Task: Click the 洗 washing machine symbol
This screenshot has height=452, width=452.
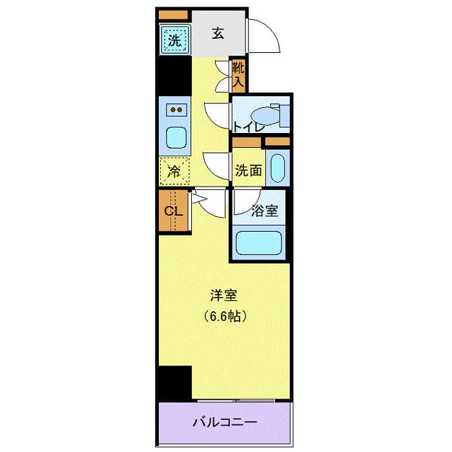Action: click(x=175, y=40)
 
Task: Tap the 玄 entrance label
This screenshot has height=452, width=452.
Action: click(x=219, y=34)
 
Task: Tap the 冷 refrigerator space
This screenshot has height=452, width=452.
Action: click(x=175, y=171)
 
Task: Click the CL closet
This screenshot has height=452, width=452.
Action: click(x=172, y=211)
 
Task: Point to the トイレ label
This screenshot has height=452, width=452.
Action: click(x=249, y=127)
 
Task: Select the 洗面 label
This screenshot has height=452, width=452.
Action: click(x=248, y=170)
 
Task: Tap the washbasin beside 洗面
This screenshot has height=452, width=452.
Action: click(x=278, y=168)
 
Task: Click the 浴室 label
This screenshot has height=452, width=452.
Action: click(x=265, y=210)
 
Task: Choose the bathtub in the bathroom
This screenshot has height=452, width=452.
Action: click(x=260, y=242)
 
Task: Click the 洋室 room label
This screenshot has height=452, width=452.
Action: click(x=225, y=296)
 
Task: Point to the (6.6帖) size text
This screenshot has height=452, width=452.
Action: click(x=225, y=316)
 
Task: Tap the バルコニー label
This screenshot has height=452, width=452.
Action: click(x=226, y=423)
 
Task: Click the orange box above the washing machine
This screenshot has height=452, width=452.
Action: click(x=173, y=14)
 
